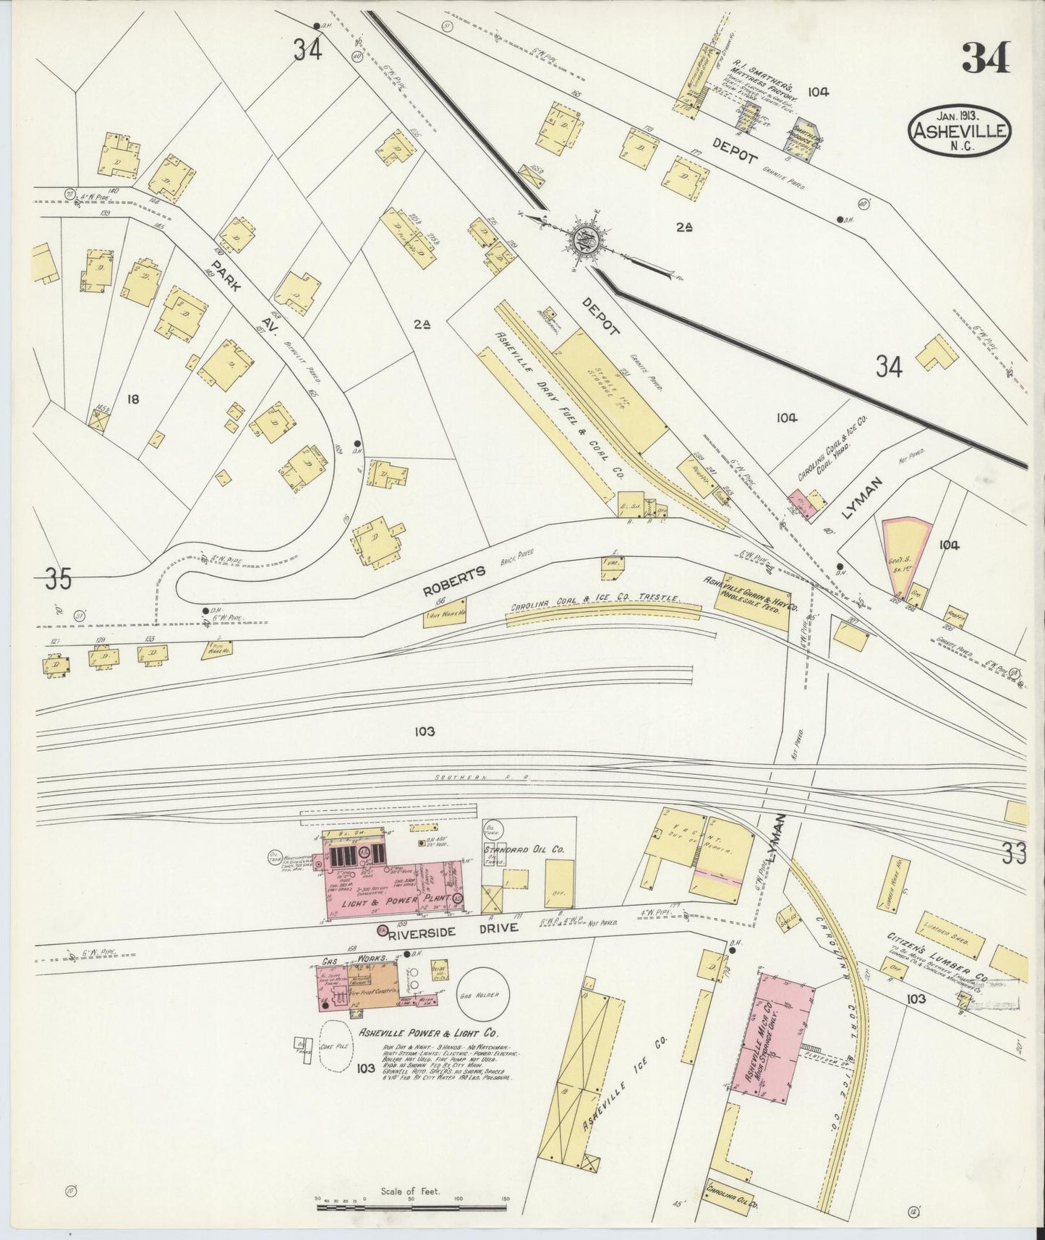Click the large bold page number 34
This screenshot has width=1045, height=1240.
point(985,58)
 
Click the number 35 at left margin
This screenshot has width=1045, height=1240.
point(58,579)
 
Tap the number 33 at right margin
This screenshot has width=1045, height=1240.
point(1015,854)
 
